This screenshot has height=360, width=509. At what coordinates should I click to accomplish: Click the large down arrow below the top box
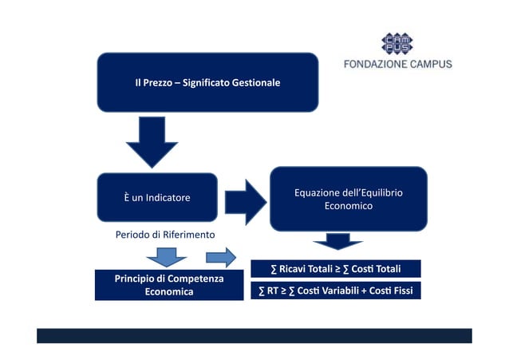pyautogui.click(x=152, y=141)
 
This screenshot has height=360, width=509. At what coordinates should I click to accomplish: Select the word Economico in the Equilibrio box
pyautogui.click(x=348, y=207)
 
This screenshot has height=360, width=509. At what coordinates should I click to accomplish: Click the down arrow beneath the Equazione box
pyautogui.click(x=338, y=241)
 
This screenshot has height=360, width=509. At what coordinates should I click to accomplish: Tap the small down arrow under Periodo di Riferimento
pyautogui.click(x=167, y=257)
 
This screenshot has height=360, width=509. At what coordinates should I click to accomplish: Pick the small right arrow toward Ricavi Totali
pyautogui.click(x=220, y=257)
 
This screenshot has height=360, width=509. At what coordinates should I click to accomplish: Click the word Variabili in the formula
pyautogui.click(x=349, y=291)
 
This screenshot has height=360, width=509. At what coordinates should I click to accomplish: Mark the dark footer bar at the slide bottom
pyautogui.click(x=254, y=335)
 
